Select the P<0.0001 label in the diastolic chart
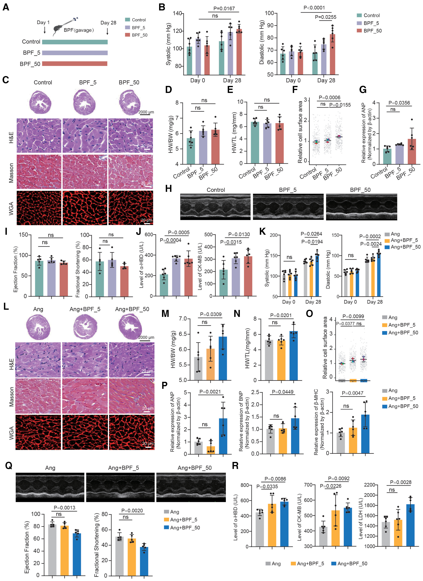point(314,8)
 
